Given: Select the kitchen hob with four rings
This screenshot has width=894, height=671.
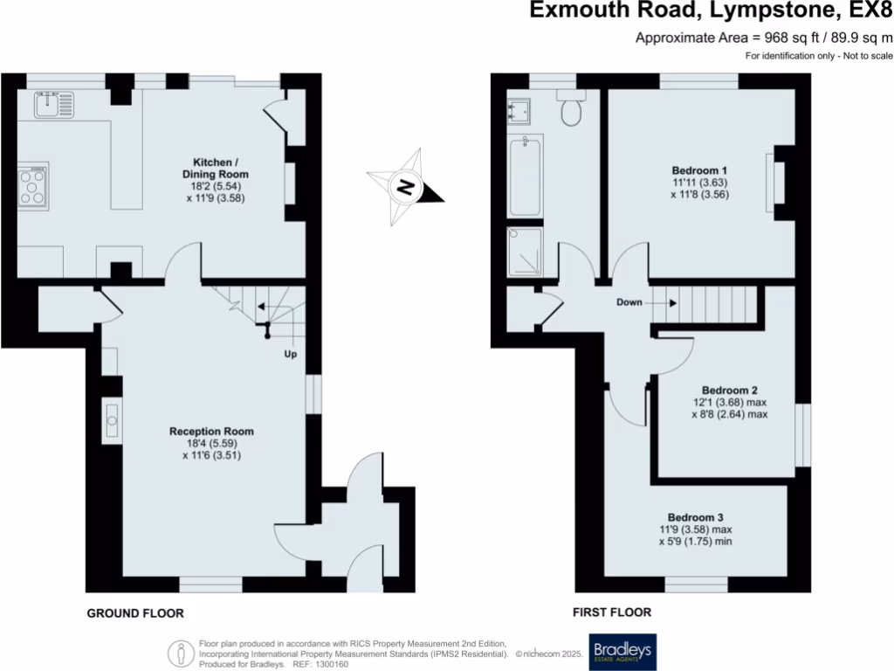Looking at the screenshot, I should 34,186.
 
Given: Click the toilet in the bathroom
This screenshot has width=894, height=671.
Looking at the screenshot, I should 573,111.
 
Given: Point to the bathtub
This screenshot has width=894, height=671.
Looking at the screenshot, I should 524,176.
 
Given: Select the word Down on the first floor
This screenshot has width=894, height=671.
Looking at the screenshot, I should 629,302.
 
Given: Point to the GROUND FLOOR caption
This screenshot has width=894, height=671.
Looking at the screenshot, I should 135,613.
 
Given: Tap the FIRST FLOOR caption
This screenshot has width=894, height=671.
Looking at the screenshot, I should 611,612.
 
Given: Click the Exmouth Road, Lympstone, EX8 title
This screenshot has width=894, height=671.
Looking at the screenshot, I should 712,11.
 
